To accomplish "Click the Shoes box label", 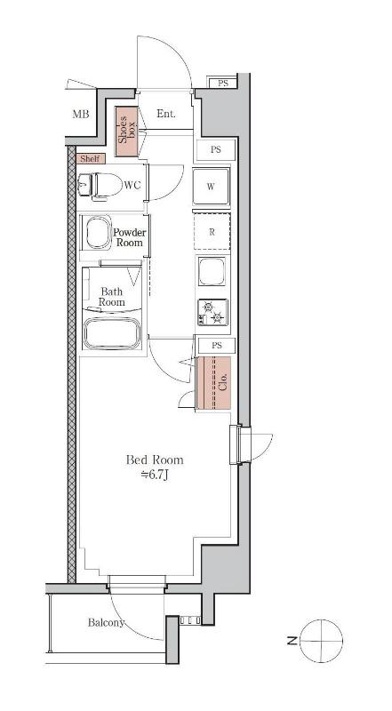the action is coord(126,132).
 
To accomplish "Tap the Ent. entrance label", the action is coord(166,114).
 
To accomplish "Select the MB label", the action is coord(81,115).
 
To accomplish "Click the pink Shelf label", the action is coord(92,159).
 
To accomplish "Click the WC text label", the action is coord(132,185).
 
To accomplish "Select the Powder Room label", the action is coord(129,237).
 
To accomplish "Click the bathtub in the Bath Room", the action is coord(113,332).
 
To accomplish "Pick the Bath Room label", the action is coord(113,297).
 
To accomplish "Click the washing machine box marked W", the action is coord(211,187).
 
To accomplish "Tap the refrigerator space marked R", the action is coord(212,231).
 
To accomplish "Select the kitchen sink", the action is coord(212,271).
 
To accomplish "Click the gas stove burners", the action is coord(212,313).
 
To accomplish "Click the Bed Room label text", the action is coord(155,459).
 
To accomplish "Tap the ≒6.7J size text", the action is coord(155,475).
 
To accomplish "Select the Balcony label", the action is coord(106,623).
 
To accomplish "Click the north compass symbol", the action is coord(322,640).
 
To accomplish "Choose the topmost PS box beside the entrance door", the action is coord(222,83).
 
